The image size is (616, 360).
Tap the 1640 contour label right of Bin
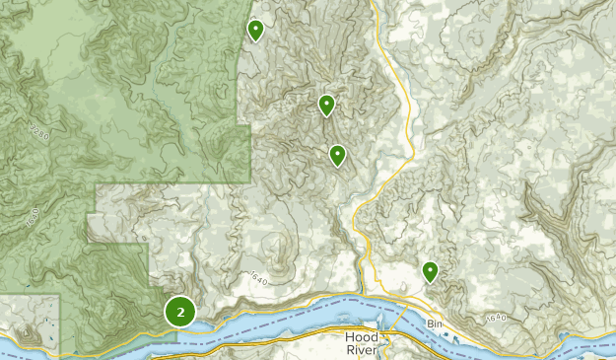click(496, 318)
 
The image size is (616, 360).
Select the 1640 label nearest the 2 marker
click(259, 277)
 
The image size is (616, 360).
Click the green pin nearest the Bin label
click(430, 270)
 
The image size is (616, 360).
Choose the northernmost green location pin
click(255, 31)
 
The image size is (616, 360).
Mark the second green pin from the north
click(326, 104)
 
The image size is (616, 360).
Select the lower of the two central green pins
click(337, 155)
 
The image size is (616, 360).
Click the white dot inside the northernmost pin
click(255, 29)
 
